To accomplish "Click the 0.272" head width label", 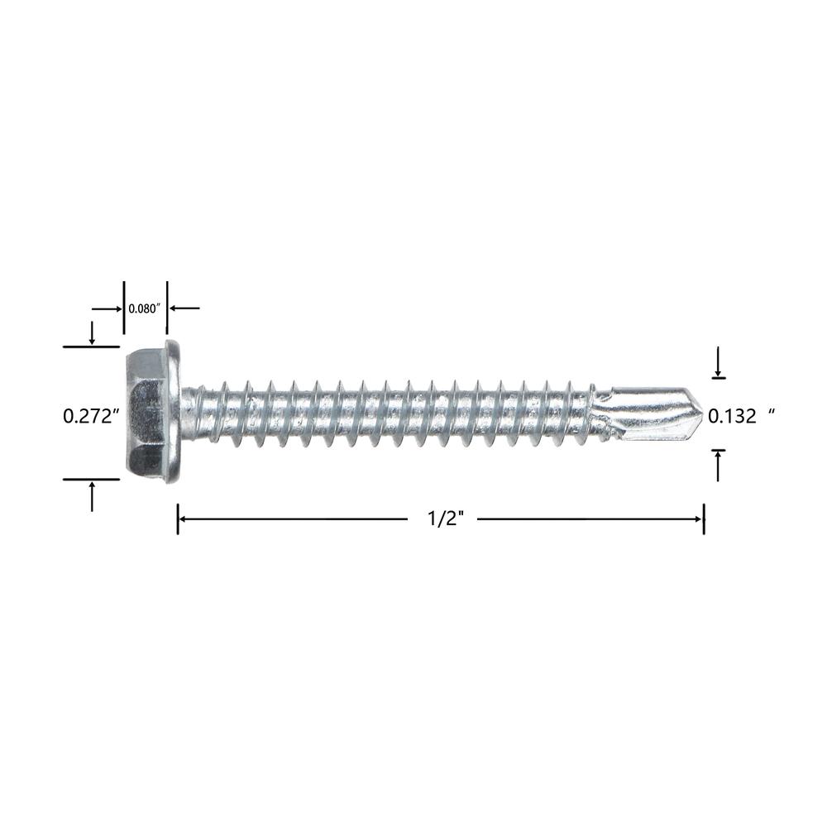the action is [90, 417].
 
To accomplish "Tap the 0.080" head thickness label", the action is [143, 308].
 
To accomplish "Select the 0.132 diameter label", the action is [732, 417].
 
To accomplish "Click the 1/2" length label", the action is [444, 519].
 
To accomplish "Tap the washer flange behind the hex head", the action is [174, 412].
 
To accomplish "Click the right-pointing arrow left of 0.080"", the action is [107, 308].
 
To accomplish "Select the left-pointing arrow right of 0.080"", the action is [184, 308].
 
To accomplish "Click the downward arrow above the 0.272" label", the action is [92, 332].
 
